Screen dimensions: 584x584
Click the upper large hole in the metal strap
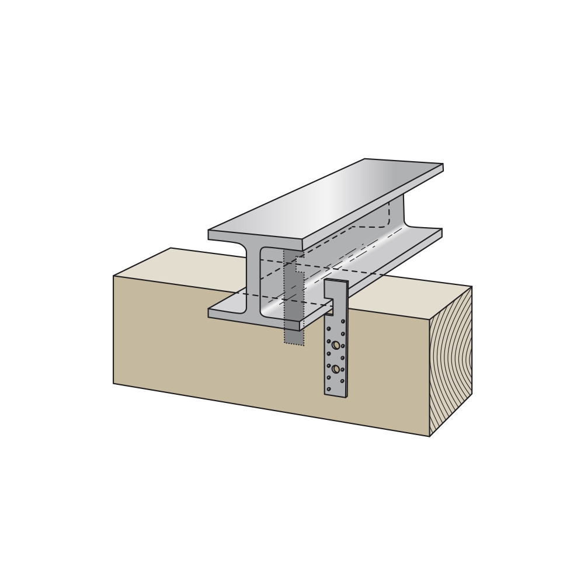click(336, 345)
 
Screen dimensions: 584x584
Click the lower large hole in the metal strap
click(336, 369)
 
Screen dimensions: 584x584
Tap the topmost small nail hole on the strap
click(343, 321)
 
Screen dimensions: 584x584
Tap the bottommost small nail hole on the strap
click(329, 389)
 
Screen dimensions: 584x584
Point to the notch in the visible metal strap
click(329, 307)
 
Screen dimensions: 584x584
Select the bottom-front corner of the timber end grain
click(430, 436)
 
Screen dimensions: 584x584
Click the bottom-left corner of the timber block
click(114, 383)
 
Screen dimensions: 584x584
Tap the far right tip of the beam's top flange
click(442, 167)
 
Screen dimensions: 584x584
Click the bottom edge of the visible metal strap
click(336, 396)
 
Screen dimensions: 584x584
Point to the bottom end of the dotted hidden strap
click(294, 344)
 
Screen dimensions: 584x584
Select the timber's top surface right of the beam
click(409, 295)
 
